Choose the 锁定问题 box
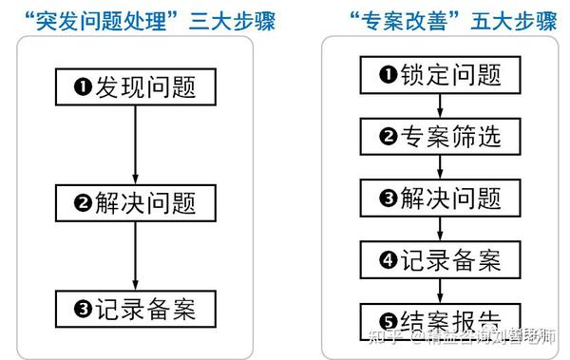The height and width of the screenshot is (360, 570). click(x=440, y=74)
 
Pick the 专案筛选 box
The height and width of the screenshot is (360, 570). click(x=440, y=136)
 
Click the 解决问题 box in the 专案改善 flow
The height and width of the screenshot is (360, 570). click(x=440, y=198)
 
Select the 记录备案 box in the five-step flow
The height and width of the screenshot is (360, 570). click(x=440, y=258)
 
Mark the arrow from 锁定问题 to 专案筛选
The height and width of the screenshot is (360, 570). click(x=440, y=104)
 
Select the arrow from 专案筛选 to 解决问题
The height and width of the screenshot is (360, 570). click(x=440, y=166)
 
